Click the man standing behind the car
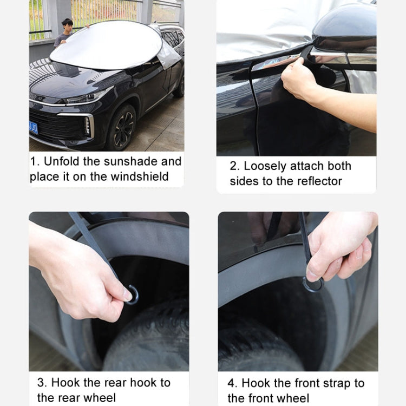tap(66, 31)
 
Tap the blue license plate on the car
tap(34, 128)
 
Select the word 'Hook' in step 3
tap(66, 383)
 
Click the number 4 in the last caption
tap(232, 383)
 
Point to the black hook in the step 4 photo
tap(313, 284)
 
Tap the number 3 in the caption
tap(41, 383)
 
